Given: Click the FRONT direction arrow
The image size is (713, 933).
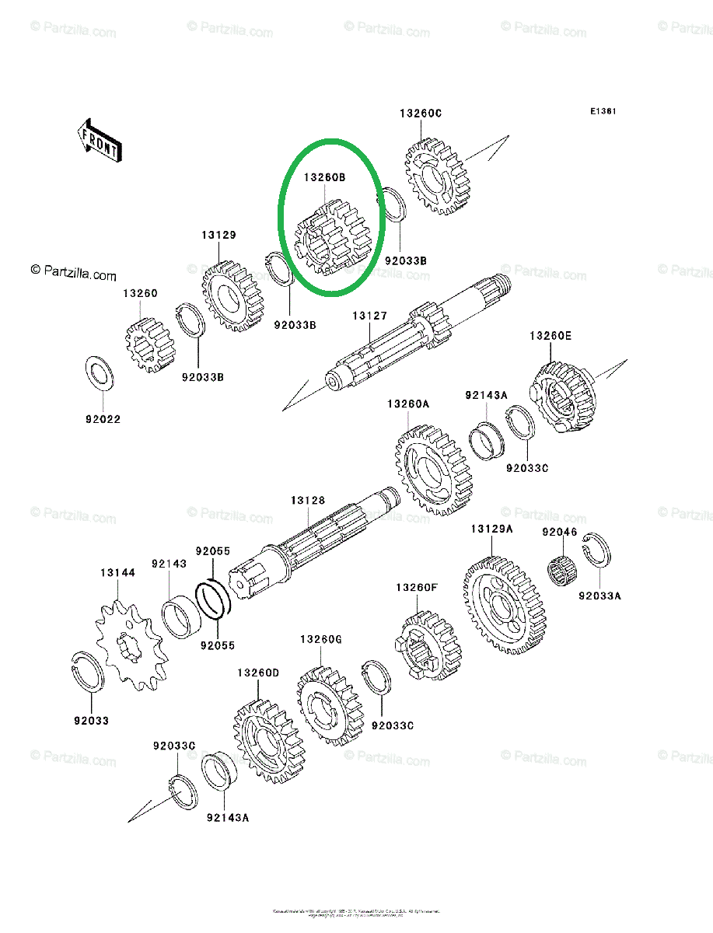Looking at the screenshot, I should coord(99,138).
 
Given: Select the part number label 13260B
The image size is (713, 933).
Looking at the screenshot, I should coord(324,178).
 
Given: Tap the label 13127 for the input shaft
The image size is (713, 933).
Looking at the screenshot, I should coord(369,316).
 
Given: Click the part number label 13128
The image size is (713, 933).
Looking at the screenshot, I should coord(308,501).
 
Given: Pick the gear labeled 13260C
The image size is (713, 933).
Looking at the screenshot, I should coord(439,176).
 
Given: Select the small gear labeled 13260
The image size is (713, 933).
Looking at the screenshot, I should coord(149,344).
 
